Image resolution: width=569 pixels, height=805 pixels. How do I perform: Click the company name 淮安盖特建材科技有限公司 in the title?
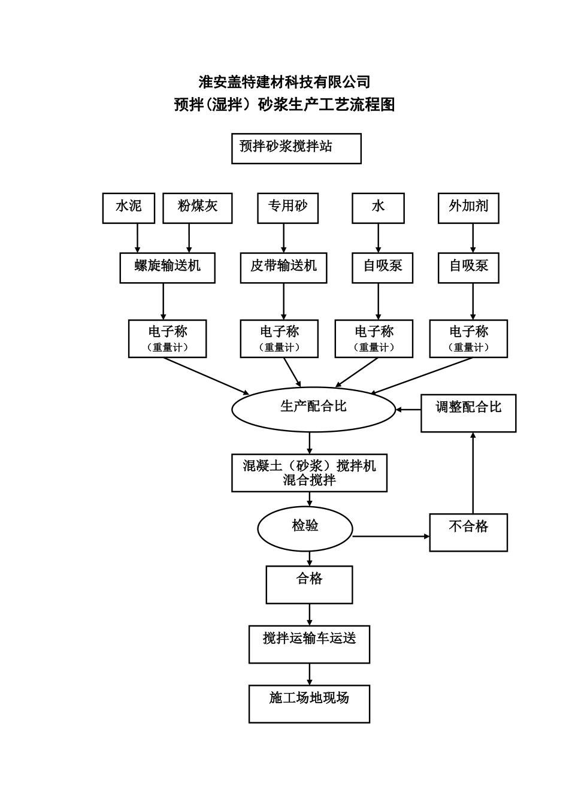point(284,81)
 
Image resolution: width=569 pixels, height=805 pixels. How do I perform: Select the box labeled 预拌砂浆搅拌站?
point(296,149)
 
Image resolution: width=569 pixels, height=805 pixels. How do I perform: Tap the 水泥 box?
point(129,208)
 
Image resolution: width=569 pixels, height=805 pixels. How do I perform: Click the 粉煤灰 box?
point(198,208)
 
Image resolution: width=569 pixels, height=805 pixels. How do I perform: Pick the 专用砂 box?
point(287,208)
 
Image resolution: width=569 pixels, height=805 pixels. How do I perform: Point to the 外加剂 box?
point(468,208)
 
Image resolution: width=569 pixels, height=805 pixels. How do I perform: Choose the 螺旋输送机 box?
point(167,268)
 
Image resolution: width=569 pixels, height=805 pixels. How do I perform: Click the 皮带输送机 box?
point(283,268)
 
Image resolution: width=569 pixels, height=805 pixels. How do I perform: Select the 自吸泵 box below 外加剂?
point(468,268)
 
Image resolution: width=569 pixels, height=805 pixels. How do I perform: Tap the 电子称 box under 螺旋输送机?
point(167,338)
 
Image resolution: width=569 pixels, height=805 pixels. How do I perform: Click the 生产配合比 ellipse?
point(313,409)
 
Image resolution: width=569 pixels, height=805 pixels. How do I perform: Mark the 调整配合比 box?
point(468,413)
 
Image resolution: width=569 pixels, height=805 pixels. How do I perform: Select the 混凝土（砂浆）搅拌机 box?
point(309,473)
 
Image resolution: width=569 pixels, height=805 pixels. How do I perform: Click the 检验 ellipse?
point(305,528)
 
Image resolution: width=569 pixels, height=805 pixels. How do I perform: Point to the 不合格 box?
point(468,532)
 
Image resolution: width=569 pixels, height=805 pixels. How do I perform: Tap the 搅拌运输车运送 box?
point(309,644)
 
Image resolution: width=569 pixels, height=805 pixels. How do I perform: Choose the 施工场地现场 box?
point(309,703)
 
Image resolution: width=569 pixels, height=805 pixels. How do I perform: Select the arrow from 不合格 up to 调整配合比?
point(473,473)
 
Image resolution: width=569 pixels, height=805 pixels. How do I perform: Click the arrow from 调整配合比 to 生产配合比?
point(408,410)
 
